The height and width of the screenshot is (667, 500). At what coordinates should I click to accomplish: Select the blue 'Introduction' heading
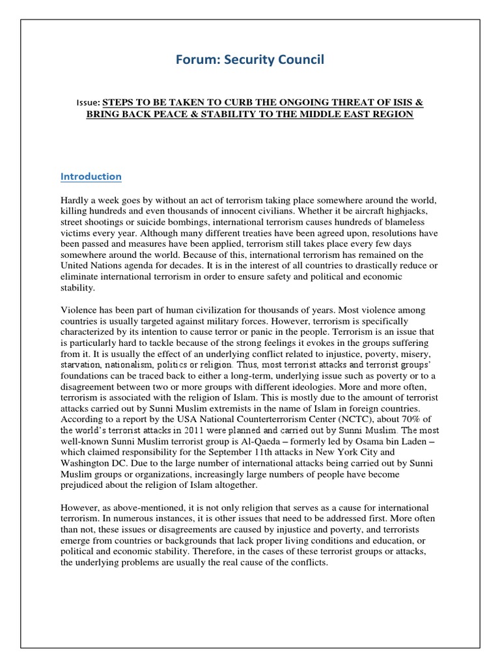tap(90, 177)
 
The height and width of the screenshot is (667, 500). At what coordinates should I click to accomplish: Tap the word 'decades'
tap(259, 266)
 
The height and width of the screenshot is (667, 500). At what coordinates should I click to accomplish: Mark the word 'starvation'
tap(85, 366)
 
